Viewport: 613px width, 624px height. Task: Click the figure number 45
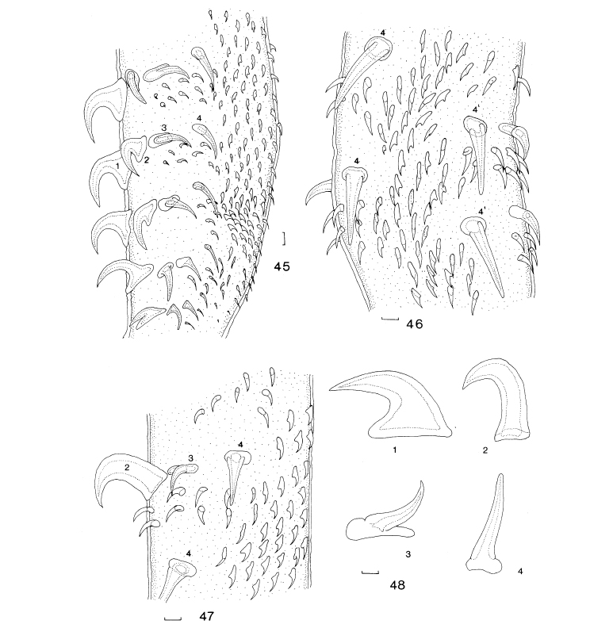(x=282, y=266)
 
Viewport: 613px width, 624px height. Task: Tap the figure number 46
(x=414, y=324)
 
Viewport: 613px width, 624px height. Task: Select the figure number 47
(x=206, y=616)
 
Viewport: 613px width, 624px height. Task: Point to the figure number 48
(x=397, y=584)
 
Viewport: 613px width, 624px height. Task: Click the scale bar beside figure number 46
(x=390, y=319)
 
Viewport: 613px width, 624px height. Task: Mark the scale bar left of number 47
(x=173, y=618)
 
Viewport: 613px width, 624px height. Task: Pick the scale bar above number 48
(x=370, y=572)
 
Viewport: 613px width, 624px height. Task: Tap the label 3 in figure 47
(x=190, y=458)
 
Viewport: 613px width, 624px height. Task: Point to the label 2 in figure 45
(x=146, y=160)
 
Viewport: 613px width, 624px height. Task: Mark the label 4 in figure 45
(x=199, y=118)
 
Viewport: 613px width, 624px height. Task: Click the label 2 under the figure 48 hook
(x=485, y=450)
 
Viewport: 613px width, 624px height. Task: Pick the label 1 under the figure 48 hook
(x=394, y=450)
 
